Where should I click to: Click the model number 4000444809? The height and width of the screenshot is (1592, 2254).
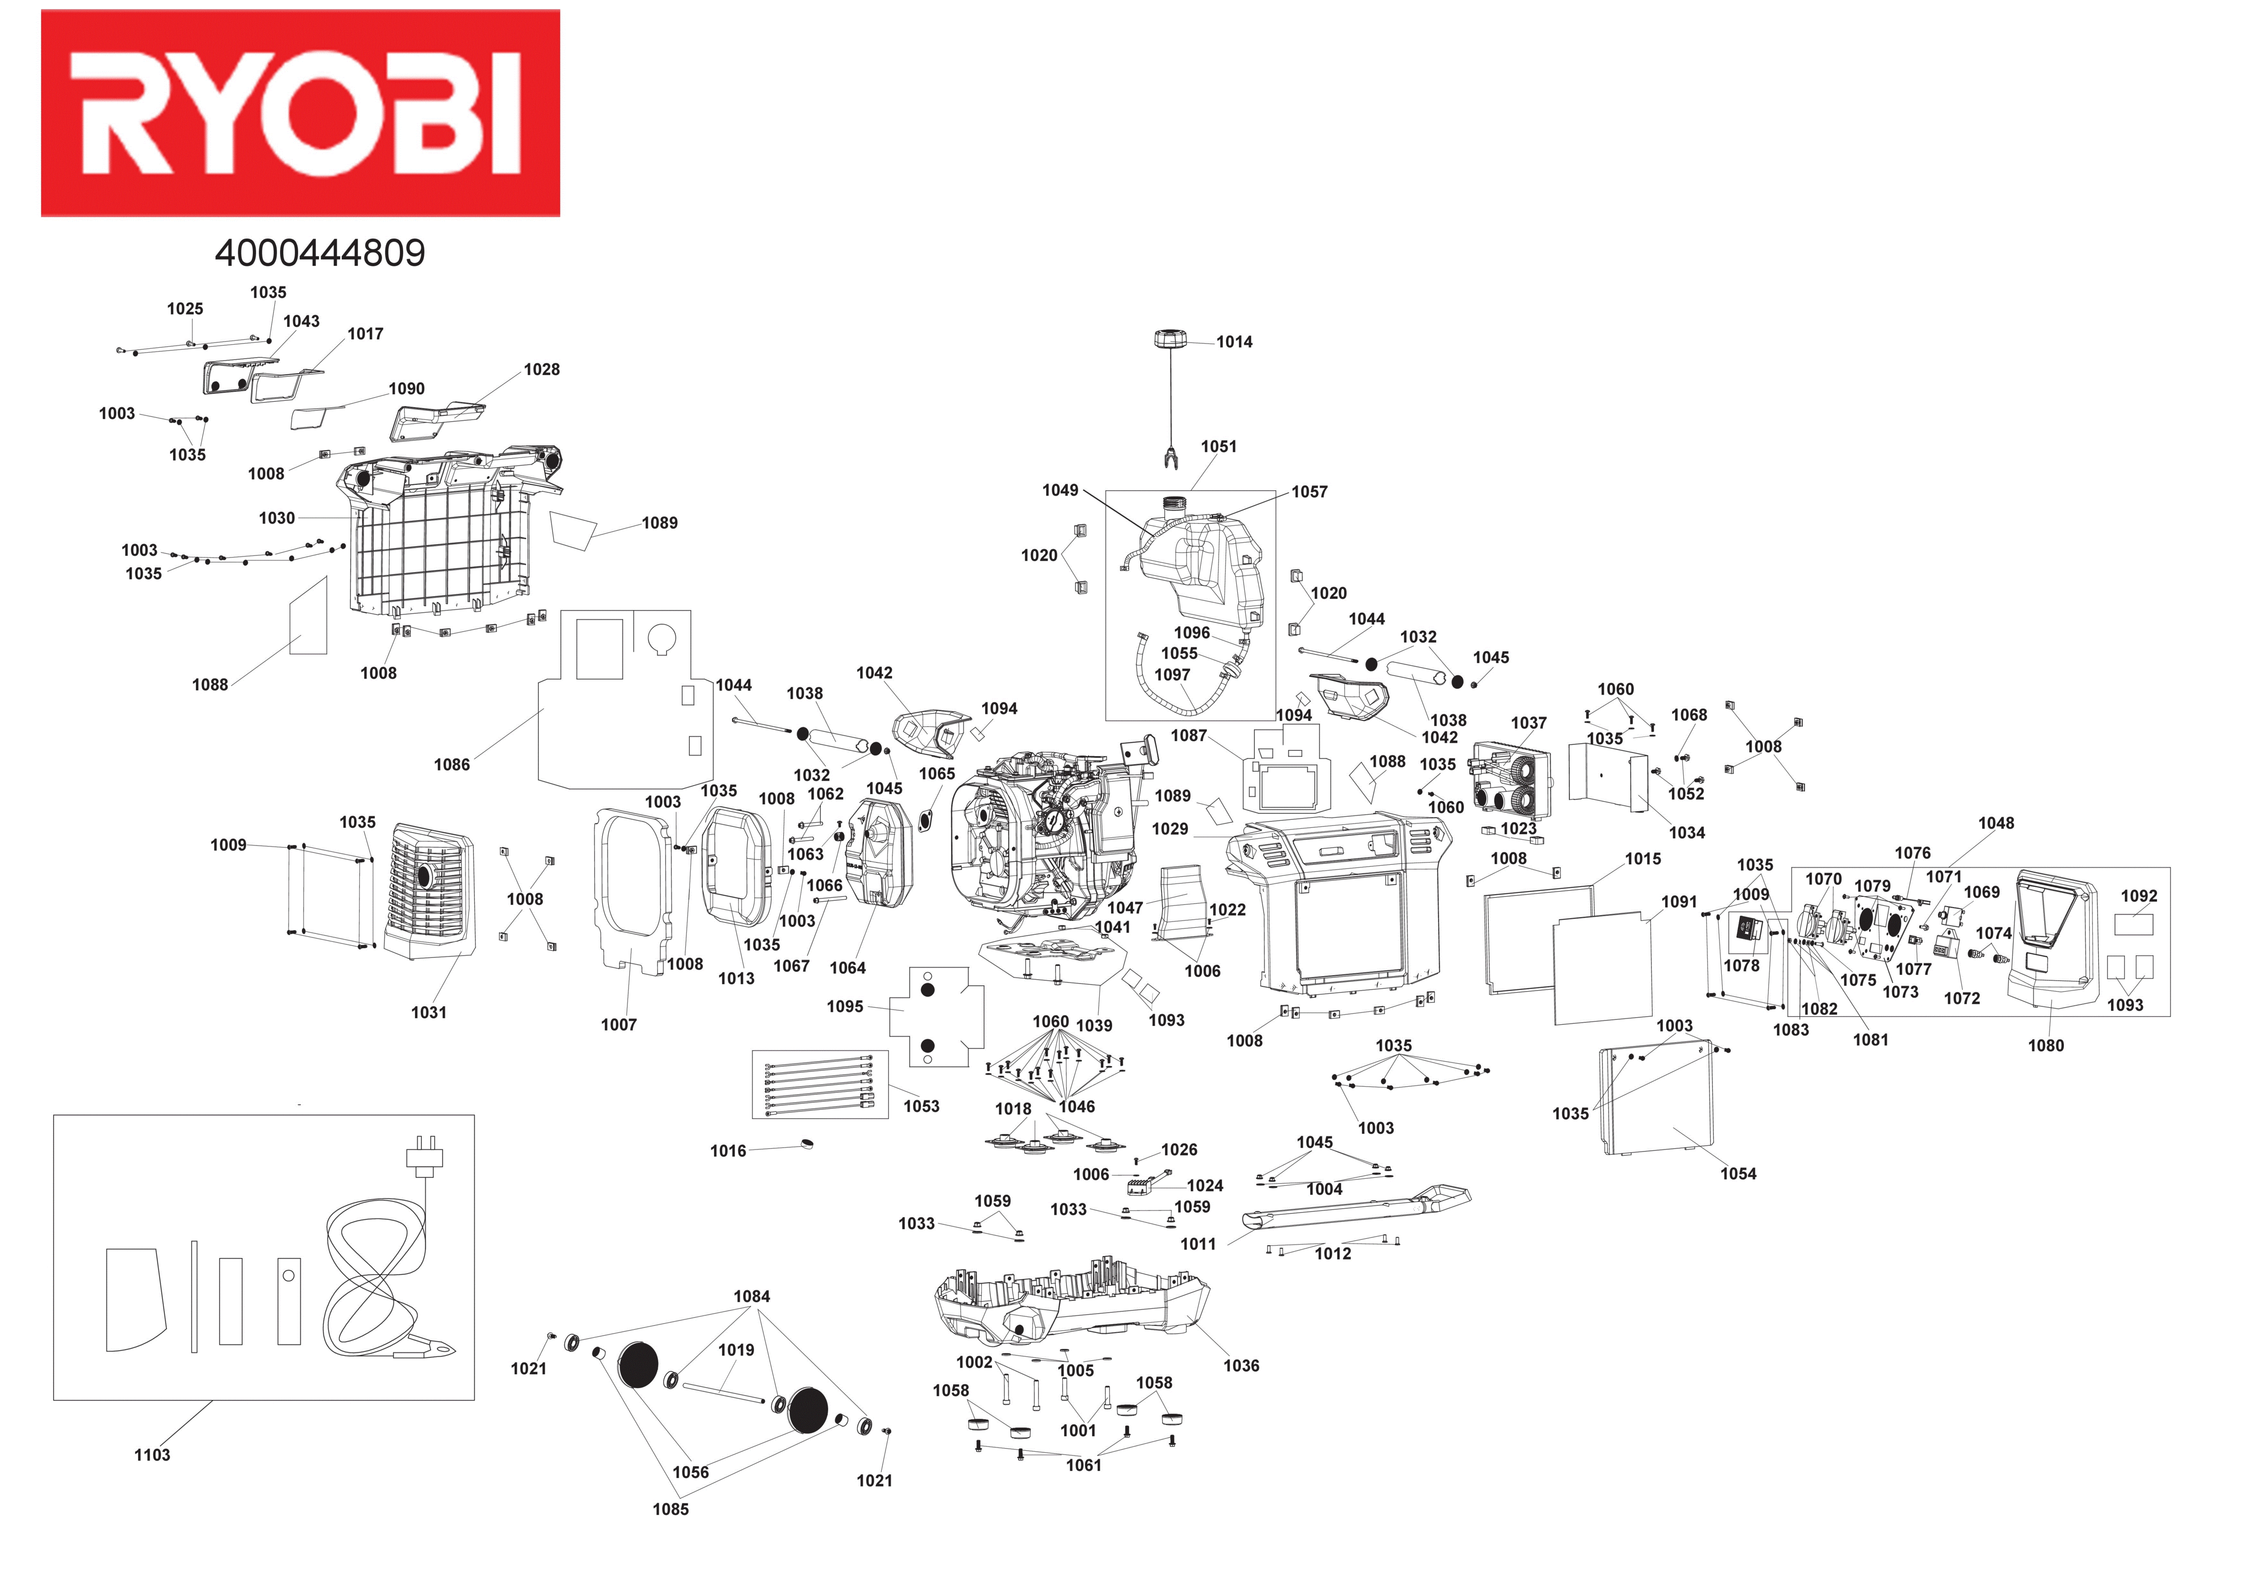click(x=320, y=253)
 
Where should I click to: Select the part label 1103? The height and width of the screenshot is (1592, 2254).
click(x=152, y=1454)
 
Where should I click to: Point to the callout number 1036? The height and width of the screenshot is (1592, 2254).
click(x=1241, y=1365)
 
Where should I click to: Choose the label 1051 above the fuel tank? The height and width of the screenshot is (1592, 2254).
click(x=1219, y=447)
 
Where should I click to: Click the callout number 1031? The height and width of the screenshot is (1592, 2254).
click(x=428, y=1012)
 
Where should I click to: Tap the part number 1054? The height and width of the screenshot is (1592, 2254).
click(x=1738, y=1174)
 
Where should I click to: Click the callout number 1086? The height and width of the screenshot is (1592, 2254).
click(x=451, y=765)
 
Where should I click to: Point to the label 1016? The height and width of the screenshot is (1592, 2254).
click(x=728, y=1151)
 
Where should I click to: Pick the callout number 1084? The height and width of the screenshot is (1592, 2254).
click(x=752, y=1297)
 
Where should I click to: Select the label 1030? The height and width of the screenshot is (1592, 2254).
click(x=277, y=518)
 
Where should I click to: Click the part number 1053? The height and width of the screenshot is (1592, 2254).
click(x=921, y=1106)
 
